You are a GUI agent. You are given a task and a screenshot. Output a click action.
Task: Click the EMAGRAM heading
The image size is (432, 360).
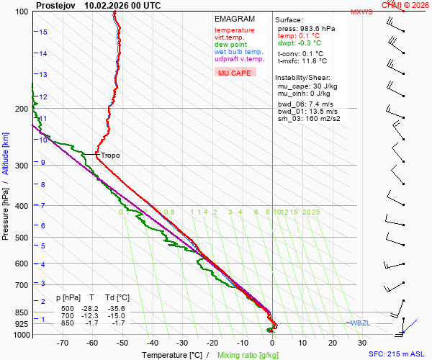click(x=234, y=18)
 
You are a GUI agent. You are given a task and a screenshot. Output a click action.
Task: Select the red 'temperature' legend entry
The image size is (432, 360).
click(x=234, y=30)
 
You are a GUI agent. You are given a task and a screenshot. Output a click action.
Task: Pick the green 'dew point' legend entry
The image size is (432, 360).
click(x=231, y=45)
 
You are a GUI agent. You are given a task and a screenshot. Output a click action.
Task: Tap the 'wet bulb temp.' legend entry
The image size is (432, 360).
click(x=238, y=52)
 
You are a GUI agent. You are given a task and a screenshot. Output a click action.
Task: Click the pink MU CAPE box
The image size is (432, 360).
click(x=235, y=73)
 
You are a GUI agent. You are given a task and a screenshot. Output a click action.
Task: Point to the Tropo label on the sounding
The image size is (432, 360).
click(x=110, y=156)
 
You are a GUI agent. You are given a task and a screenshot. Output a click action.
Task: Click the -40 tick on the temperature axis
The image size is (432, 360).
click(x=152, y=343)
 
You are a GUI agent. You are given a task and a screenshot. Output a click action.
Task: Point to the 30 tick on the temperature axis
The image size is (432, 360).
click(x=362, y=343)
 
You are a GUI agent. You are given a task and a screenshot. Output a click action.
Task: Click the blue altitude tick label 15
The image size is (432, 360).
click(x=44, y=32)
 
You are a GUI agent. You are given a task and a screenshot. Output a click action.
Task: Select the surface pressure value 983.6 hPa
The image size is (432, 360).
click(x=317, y=28)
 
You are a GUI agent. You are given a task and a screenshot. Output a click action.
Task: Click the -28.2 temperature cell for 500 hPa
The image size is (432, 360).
click(x=92, y=307)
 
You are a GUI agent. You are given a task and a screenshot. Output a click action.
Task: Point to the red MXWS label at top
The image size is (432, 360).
click(x=361, y=12)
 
